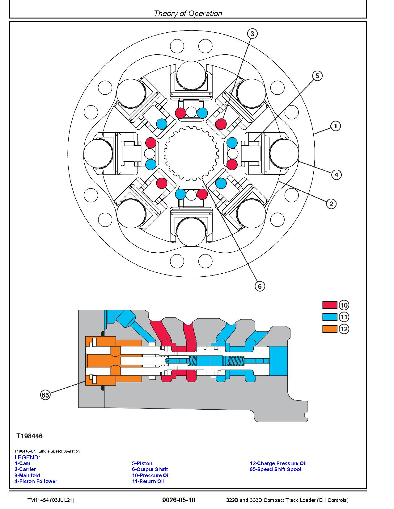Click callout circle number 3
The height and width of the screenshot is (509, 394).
pos(252,34)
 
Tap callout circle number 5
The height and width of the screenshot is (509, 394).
pos(317,76)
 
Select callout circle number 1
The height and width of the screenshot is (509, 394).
pos(336,126)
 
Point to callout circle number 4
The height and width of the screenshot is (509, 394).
pos(336,175)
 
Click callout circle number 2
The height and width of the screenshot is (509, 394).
pos(331,204)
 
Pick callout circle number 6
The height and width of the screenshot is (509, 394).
pos(260,286)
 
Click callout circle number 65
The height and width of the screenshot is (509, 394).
pos(45,395)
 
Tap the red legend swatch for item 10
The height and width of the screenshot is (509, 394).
pos(329,305)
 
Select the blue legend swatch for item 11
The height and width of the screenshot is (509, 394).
pos(329,317)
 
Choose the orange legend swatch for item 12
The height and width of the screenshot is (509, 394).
pos(329,329)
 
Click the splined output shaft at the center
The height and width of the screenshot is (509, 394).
pos(191,153)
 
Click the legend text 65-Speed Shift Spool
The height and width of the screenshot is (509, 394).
pos(275,469)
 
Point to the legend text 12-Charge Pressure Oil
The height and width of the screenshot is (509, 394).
pos(278,463)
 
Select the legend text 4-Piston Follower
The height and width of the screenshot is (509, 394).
pos(36,481)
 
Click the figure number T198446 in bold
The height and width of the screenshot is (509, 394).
pos(30,436)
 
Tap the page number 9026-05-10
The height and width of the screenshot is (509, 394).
pos(179,500)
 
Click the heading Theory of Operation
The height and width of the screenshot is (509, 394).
pos(188,13)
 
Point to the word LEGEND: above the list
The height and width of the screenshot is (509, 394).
pos(27,457)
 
